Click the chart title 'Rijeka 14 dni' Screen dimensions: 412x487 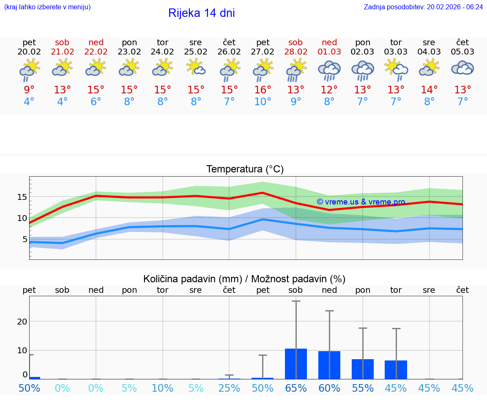point(201,13)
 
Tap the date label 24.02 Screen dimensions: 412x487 point(162,52)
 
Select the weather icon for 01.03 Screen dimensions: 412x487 point(329,71)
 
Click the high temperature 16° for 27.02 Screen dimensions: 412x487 point(263,90)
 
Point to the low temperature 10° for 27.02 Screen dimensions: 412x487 point(263,101)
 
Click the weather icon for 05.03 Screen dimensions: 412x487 point(462,68)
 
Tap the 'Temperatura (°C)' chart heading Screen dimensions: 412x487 point(245,169)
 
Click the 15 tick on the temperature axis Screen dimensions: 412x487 point(22,197)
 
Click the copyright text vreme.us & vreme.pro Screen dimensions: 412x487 point(361,202)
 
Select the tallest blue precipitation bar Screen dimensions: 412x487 point(296,364)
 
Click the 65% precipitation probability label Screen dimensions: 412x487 point(296,388)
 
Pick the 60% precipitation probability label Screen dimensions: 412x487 point(329,388)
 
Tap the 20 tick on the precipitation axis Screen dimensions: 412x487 point(22,321)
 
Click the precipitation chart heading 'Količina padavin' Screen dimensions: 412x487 point(244,279)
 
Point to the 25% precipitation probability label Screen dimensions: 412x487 point(229,388)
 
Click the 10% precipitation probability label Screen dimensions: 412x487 point(162,388)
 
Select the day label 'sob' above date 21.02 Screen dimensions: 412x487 point(62,42)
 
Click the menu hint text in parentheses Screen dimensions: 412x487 point(47,7)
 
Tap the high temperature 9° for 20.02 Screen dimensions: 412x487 point(29,90)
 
